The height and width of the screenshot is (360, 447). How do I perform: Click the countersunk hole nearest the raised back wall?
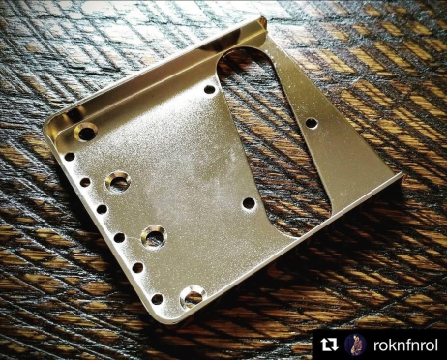[x=86, y=132]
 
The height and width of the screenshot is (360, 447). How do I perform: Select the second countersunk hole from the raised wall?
[x=118, y=182]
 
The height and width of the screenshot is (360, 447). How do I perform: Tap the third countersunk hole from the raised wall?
[x=154, y=236]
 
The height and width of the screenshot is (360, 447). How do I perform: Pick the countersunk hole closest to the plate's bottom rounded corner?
[x=193, y=296]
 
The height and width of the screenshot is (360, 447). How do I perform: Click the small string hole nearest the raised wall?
[x=70, y=157]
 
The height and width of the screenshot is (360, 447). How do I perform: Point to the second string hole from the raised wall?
[x=85, y=182]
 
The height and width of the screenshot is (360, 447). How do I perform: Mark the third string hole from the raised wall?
[x=102, y=209]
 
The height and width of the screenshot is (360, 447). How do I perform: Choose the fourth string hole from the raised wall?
[x=119, y=238]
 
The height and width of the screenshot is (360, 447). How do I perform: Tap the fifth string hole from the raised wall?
[x=137, y=267]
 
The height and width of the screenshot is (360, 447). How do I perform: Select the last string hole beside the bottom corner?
[x=157, y=299]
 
